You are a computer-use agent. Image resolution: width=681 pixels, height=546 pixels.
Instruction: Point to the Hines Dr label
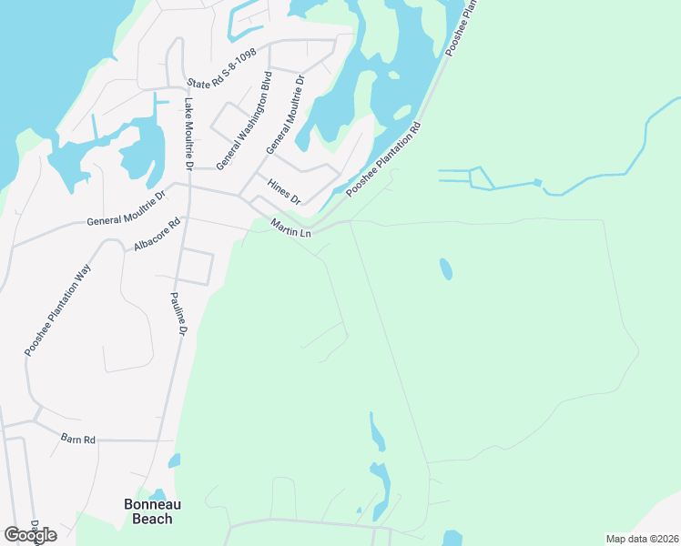[x=283, y=191]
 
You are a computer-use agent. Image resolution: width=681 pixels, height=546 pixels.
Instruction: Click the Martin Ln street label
[x=291, y=230]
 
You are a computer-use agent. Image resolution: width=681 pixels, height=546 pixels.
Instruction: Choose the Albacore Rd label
[x=158, y=235]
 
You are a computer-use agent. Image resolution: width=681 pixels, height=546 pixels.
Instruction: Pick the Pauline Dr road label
[x=178, y=315]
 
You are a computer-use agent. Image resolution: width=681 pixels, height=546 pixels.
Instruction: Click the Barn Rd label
[x=78, y=440]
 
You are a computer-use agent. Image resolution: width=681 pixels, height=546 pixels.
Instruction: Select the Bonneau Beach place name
[x=147, y=511]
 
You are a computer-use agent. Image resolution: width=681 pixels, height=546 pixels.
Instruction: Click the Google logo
[x=30, y=535]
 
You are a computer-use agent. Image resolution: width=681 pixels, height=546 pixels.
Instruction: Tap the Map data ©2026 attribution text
[x=642, y=539]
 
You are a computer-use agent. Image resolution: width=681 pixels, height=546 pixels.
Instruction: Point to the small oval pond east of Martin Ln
[x=445, y=269]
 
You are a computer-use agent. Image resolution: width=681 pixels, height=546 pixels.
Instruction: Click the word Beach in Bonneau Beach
[x=152, y=519]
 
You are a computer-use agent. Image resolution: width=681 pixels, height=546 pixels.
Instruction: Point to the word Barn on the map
[x=71, y=440]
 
